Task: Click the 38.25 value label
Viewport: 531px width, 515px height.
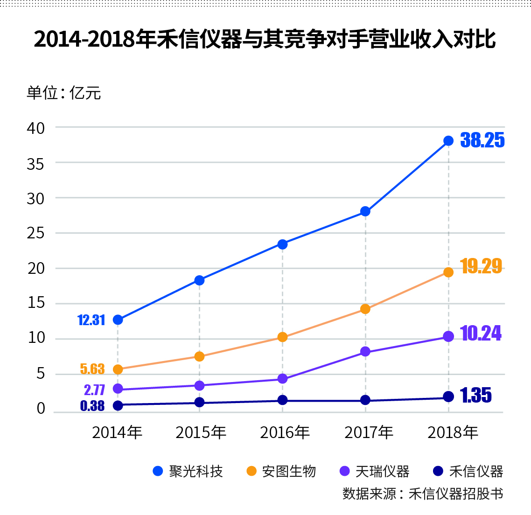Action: tap(482, 140)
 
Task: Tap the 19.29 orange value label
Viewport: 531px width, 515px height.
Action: tap(481, 266)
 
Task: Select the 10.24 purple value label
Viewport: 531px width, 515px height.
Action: tap(481, 334)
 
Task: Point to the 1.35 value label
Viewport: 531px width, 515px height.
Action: tap(476, 396)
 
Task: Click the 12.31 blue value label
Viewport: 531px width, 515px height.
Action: tap(91, 320)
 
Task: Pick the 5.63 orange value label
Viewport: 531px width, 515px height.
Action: tap(92, 369)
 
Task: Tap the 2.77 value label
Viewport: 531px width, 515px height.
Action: tap(94, 390)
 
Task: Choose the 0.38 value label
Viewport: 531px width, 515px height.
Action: tap(92, 406)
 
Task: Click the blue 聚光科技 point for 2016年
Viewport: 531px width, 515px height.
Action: tap(282, 244)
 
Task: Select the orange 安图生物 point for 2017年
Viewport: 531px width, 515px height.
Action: tap(365, 309)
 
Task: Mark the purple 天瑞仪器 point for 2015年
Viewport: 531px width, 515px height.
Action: tap(199, 385)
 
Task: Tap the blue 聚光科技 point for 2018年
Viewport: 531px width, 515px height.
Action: tap(448, 140)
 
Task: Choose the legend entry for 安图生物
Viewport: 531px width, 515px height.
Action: tap(281, 471)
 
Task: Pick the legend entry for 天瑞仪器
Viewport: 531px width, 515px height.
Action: tap(375, 471)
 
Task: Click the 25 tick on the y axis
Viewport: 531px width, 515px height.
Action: tap(35, 233)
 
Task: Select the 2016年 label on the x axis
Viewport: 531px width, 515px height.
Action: tap(285, 433)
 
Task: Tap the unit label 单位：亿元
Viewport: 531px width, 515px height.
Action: tap(64, 93)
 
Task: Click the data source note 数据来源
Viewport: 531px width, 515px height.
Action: tap(423, 494)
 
